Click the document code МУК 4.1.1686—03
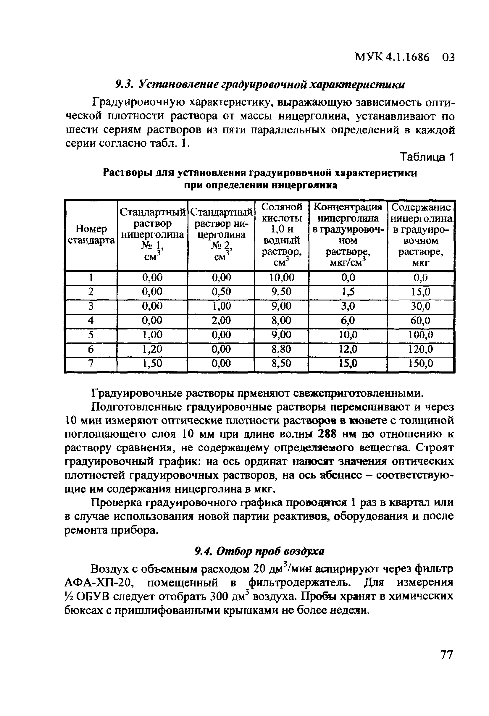[405, 57]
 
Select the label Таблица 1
[427, 157]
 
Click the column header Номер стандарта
[91, 235]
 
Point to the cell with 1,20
[152, 349]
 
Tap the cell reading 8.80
[281, 349]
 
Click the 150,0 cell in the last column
[421, 363]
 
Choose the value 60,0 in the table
[421, 320]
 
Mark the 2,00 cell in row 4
[221, 320]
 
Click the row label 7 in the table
[91, 363]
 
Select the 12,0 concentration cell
[348, 349]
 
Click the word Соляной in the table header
[281, 207]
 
